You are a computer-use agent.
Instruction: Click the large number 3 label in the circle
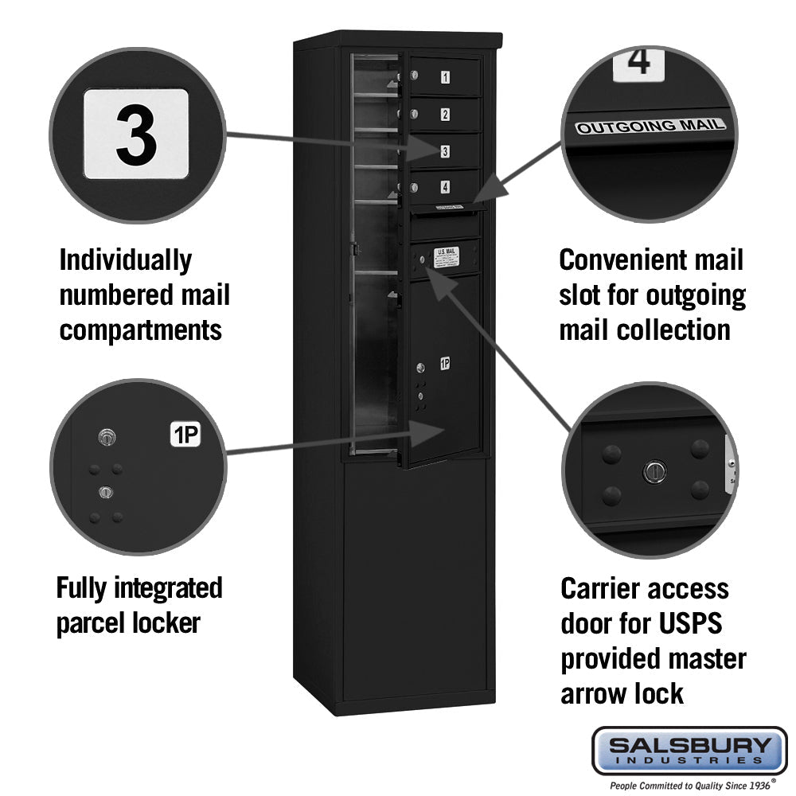(x=136, y=134)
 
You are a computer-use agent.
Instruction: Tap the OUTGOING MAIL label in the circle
(x=650, y=126)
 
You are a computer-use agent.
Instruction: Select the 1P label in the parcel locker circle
(x=185, y=435)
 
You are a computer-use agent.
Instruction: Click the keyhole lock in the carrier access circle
(x=653, y=471)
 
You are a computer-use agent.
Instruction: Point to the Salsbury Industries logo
(x=689, y=751)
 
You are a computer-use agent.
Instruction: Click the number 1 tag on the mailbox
(x=445, y=77)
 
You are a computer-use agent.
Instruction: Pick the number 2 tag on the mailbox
(x=445, y=114)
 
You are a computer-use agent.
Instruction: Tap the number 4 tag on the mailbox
(x=444, y=187)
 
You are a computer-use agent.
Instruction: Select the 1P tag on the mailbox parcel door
(x=444, y=364)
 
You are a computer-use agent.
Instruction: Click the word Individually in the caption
(x=126, y=260)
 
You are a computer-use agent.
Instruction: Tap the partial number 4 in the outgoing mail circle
(x=639, y=62)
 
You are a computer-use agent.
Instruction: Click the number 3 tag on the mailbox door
(x=444, y=150)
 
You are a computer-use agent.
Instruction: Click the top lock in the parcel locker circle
(x=106, y=436)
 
